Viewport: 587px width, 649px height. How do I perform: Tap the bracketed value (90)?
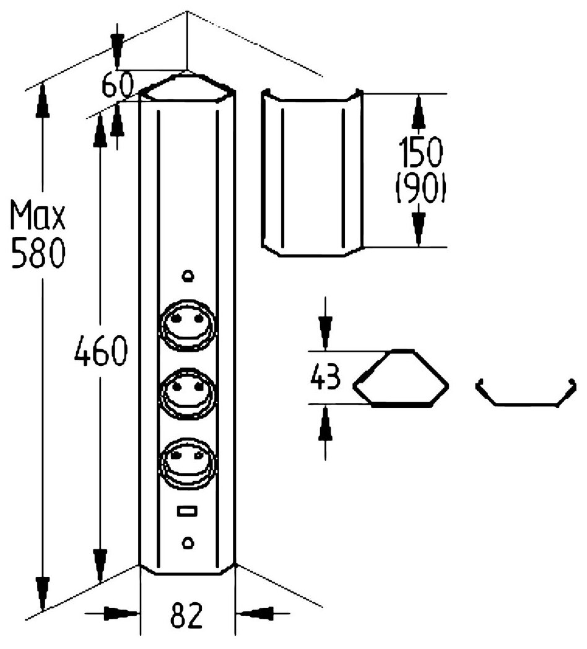[420, 190]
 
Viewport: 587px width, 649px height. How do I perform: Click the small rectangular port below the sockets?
[186, 511]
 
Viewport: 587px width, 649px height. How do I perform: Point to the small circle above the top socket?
[188, 275]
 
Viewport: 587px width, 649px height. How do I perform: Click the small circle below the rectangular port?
[188, 542]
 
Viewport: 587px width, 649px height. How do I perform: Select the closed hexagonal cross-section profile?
[401, 378]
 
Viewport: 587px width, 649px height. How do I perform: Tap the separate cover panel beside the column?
[310, 173]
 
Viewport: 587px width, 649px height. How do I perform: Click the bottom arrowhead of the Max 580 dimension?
[42, 591]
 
